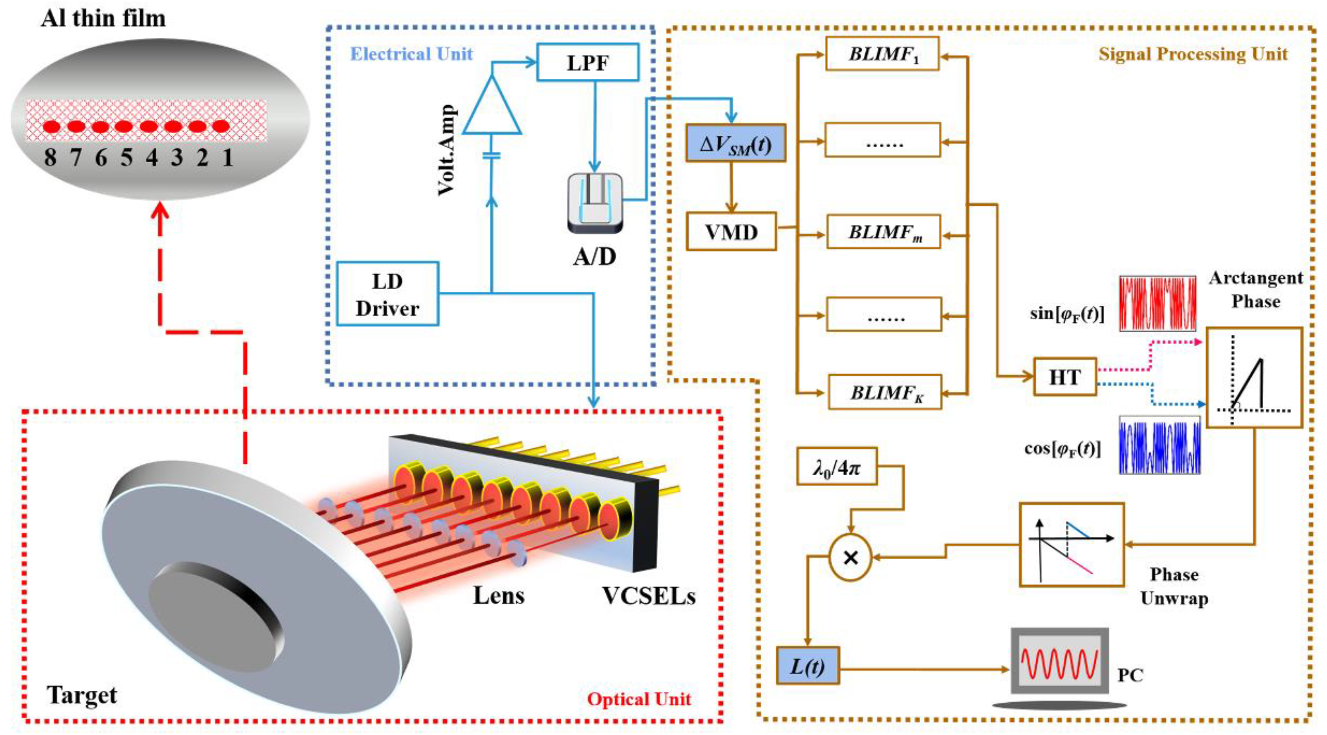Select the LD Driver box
coord(388,294)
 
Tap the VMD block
coord(731,232)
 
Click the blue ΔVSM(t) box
coord(736,143)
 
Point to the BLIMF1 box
coord(882,54)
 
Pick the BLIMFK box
coord(885,392)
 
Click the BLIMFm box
coord(884,232)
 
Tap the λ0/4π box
coord(836,466)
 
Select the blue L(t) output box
coord(807,666)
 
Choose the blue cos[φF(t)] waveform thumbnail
coord(1159,446)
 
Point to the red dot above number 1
coord(220,126)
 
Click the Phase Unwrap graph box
coord(1071,545)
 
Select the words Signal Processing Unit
coord(1193,54)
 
